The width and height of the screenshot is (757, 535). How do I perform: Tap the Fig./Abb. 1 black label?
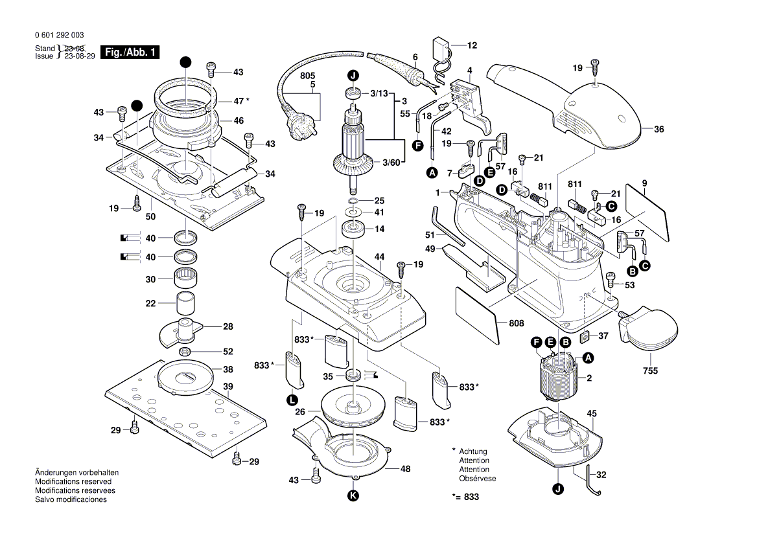pos(130,52)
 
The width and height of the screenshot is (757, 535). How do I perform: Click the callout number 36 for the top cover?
pos(658,130)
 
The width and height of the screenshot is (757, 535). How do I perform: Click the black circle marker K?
pos(353,496)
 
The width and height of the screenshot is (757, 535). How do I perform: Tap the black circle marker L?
pos(293,400)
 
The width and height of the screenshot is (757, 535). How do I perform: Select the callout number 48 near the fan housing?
pos(405,469)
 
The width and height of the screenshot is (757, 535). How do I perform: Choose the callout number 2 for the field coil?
pos(589,378)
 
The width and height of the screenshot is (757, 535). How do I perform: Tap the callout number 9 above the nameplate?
pos(645,184)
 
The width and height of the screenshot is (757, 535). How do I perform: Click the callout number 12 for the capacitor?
pos(472,45)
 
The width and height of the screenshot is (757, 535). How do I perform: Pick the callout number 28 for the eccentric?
pos(228,327)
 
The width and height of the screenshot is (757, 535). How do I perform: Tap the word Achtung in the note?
pos(473,451)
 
